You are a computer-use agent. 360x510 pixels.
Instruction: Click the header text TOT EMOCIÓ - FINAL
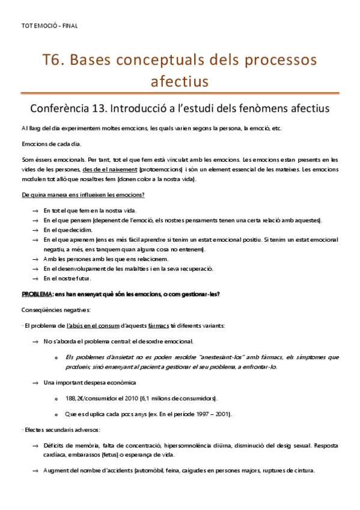pos(49,26)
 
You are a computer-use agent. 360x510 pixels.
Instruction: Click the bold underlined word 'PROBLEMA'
pos(36,294)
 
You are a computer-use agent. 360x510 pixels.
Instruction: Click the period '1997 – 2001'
pos(212,414)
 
